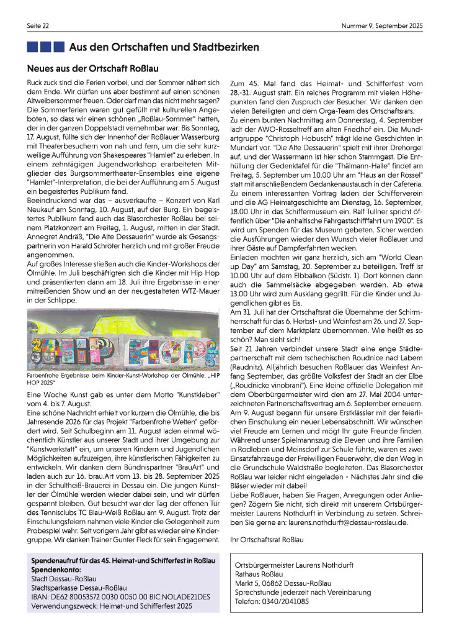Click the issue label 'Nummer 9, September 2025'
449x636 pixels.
(x=381, y=25)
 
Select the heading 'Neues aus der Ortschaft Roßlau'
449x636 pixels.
(x=94, y=68)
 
